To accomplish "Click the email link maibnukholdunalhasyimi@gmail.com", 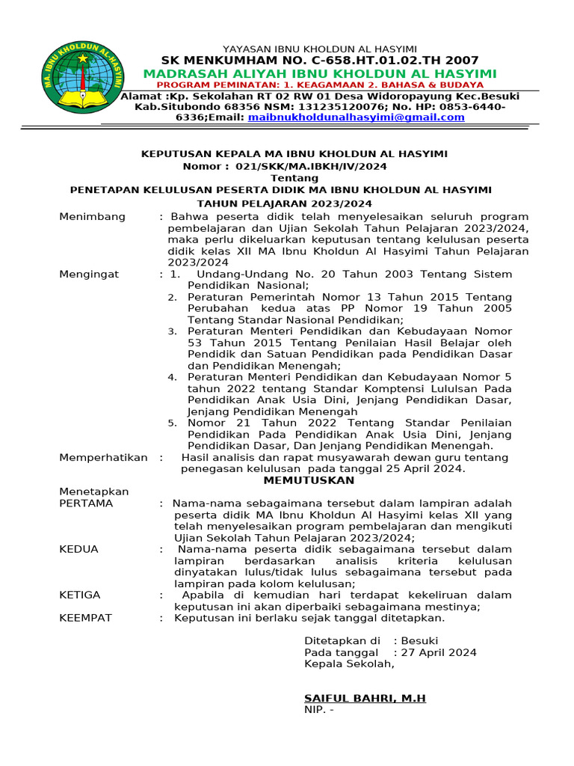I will (356, 117).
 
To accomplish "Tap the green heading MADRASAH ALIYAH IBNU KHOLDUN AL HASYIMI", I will (320, 73).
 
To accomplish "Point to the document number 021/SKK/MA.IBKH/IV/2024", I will (311, 166).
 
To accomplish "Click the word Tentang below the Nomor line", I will (288, 178).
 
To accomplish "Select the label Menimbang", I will (93, 216).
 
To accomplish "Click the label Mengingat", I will (89, 275).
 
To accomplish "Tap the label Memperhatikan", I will (103, 457).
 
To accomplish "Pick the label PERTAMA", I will (86, 503).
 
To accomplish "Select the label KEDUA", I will (78, 549).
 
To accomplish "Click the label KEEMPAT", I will (85, 618).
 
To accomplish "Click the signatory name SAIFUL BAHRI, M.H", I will (365, 698).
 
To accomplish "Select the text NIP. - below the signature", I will (318, 709).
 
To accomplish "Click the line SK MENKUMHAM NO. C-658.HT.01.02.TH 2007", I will (320, 61).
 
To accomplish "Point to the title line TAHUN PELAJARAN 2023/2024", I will (284, 203).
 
